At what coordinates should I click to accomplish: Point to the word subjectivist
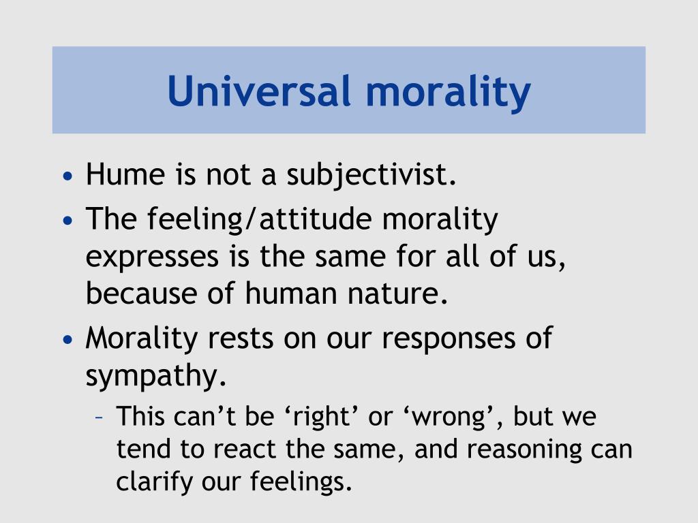371,176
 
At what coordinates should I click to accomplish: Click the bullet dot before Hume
66,176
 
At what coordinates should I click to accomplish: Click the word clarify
155,482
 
